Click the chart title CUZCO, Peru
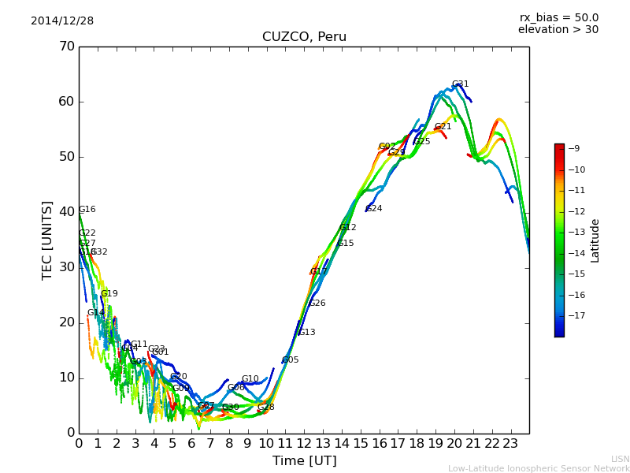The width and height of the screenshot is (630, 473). pyautogui.click(x=304, y=37)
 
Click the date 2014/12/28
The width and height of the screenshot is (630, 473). pyautogui.click(x=62, y=21)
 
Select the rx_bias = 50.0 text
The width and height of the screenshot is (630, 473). pyautogui.click(x=558, y=17)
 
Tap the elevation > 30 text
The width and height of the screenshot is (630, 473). pyautogui.click(x=558, y=30)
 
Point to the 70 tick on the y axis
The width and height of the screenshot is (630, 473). pyautogui.click(x=66, y=47)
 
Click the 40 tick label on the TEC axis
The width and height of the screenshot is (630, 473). pyautogui.click(x=66, y=212)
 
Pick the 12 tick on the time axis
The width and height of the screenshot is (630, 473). pyautogui.click(x=304, y=443)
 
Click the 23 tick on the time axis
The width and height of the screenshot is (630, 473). pyautogui.click(x=510, y=443)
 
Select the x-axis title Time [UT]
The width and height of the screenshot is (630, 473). pyautogui.click(x=304, y=460)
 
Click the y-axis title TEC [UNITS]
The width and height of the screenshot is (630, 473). pyautogui.click(x=47, y=240)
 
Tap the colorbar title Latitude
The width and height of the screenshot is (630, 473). pyautogui.click(x=595, y=240)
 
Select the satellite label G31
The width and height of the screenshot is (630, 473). pyautogui.click(x=460, y=84)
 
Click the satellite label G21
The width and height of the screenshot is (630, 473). pyautogui.click(x=443, y=127)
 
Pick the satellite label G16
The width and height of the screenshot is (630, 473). pyautogui.click(x=87, y=210)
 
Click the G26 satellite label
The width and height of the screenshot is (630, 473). pyautogui.click(x=317, y=304)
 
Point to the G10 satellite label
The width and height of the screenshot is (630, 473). pyautogui.click(x=250, y=379)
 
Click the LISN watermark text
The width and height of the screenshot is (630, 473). pyautogui.click(x=620, y=459)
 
